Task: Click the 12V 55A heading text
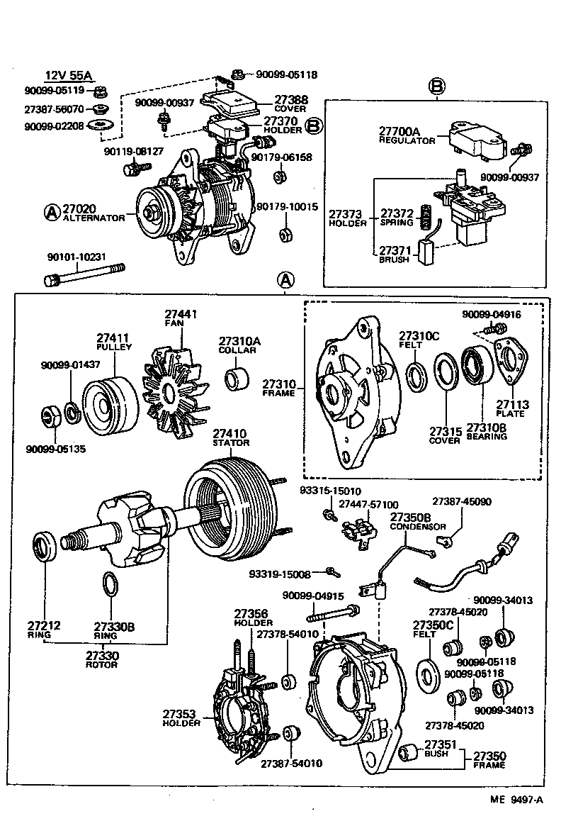pos(69,76)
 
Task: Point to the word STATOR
pos(230,442)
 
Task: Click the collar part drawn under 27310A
pos(237,378)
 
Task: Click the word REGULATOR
pos(407,141)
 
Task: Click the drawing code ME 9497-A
pos(518,801)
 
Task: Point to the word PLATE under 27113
pos(510,413)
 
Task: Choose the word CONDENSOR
pos(418,527)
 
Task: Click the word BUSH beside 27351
pos(436,754)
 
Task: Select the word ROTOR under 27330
pos(102,665)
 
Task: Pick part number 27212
pos(44,625)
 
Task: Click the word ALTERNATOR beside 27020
pos(93,218)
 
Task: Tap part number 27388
pos(291,100)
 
